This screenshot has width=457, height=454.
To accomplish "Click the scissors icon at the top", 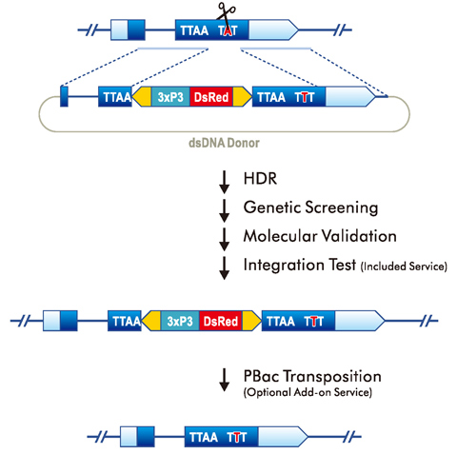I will [227, 12].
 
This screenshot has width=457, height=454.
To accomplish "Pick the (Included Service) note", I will [402, 266].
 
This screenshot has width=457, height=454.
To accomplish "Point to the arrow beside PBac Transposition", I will [225, 379].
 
